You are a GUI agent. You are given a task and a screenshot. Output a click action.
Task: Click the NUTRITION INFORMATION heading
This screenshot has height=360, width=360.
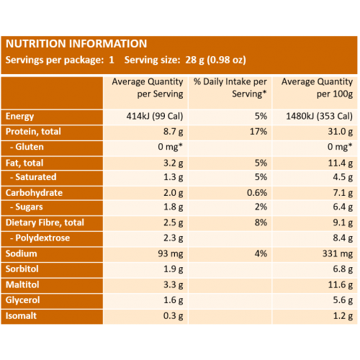[x=76, y=44]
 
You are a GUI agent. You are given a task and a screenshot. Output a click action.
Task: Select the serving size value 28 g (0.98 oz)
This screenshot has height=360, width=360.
[x=215, y=60]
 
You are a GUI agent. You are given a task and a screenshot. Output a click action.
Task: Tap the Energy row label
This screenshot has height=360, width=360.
[x=19, y=117]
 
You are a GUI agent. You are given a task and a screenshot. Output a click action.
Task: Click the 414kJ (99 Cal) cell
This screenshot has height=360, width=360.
[x=155, y=117]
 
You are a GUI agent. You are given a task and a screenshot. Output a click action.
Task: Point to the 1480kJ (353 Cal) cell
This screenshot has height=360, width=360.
[x=320, y=117]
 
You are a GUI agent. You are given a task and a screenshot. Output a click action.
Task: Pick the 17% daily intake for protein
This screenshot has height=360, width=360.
[x=258, y=132]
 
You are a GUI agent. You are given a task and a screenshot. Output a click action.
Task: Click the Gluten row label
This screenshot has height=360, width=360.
[x=27, y=147]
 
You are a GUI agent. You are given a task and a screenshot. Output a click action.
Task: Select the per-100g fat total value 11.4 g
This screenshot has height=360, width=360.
[x=341, y=163]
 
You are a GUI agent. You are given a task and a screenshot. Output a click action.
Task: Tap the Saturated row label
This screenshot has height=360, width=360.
[x=33, y=177]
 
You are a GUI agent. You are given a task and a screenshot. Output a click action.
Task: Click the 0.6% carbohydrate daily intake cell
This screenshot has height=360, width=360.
[x=257, y=193]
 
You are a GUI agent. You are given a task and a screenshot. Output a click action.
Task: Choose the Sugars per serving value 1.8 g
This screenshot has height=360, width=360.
[x=174, y=207]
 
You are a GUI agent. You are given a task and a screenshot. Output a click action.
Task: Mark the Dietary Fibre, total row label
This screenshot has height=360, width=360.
[x=45, y=222]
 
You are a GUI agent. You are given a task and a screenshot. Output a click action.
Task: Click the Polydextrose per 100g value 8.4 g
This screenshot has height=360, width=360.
[x=343, y=238]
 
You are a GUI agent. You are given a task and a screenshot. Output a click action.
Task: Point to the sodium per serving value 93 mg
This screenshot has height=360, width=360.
[x=171, y=254]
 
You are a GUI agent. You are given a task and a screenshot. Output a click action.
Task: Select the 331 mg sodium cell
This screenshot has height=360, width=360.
[x=338, y=254]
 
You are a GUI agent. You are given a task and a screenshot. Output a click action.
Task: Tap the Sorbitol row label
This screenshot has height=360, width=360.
[x=22, y=269]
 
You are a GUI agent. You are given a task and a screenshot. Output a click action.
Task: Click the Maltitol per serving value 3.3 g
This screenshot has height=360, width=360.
[x=174, y=285]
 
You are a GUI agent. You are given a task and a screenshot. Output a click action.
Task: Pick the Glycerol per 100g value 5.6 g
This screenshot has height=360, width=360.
[x=343, y=300]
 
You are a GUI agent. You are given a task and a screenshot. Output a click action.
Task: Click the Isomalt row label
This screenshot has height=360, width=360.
[x=21, y=316]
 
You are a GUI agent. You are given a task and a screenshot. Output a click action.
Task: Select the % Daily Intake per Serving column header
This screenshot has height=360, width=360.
[x=230, y=88]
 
